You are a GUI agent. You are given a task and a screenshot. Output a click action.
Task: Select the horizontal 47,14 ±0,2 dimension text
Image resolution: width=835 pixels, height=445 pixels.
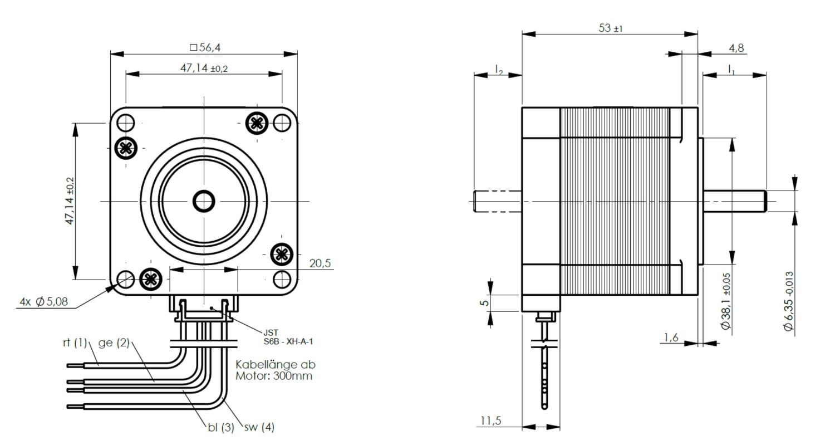204,69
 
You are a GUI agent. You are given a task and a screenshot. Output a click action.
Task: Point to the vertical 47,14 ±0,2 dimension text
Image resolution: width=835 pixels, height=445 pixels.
70,201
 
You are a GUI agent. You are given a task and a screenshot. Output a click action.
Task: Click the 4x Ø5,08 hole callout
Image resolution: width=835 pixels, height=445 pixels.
44,301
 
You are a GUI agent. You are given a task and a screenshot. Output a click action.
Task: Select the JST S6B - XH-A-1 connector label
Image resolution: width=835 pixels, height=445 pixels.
292,337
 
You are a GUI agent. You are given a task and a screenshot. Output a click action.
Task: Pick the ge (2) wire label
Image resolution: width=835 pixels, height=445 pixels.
114,343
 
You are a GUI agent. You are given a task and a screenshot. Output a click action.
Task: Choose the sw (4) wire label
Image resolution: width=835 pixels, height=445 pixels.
259,428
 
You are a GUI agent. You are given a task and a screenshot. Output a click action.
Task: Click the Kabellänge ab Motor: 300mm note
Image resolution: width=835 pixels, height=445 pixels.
275,370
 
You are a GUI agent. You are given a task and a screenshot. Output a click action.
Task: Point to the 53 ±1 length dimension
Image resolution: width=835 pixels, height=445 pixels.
610,28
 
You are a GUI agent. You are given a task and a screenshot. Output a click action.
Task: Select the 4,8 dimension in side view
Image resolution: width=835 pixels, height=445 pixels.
736,48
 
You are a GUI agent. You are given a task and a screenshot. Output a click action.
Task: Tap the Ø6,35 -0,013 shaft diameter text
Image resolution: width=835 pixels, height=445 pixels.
788,301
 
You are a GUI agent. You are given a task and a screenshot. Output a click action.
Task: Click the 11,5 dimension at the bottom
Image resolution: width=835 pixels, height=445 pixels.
489,420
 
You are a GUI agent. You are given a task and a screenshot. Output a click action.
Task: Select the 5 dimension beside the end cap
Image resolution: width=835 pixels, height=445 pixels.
485,304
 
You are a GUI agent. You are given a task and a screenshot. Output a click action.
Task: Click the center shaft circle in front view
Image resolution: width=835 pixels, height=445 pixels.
204,201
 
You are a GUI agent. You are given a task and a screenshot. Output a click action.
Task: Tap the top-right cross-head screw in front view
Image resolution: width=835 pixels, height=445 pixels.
257,123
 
